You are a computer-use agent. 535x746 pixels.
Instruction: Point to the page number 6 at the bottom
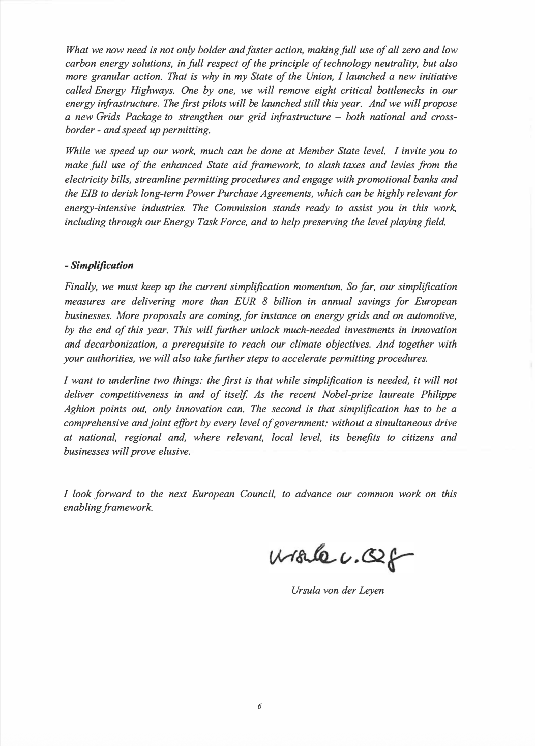pos(259,706)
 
